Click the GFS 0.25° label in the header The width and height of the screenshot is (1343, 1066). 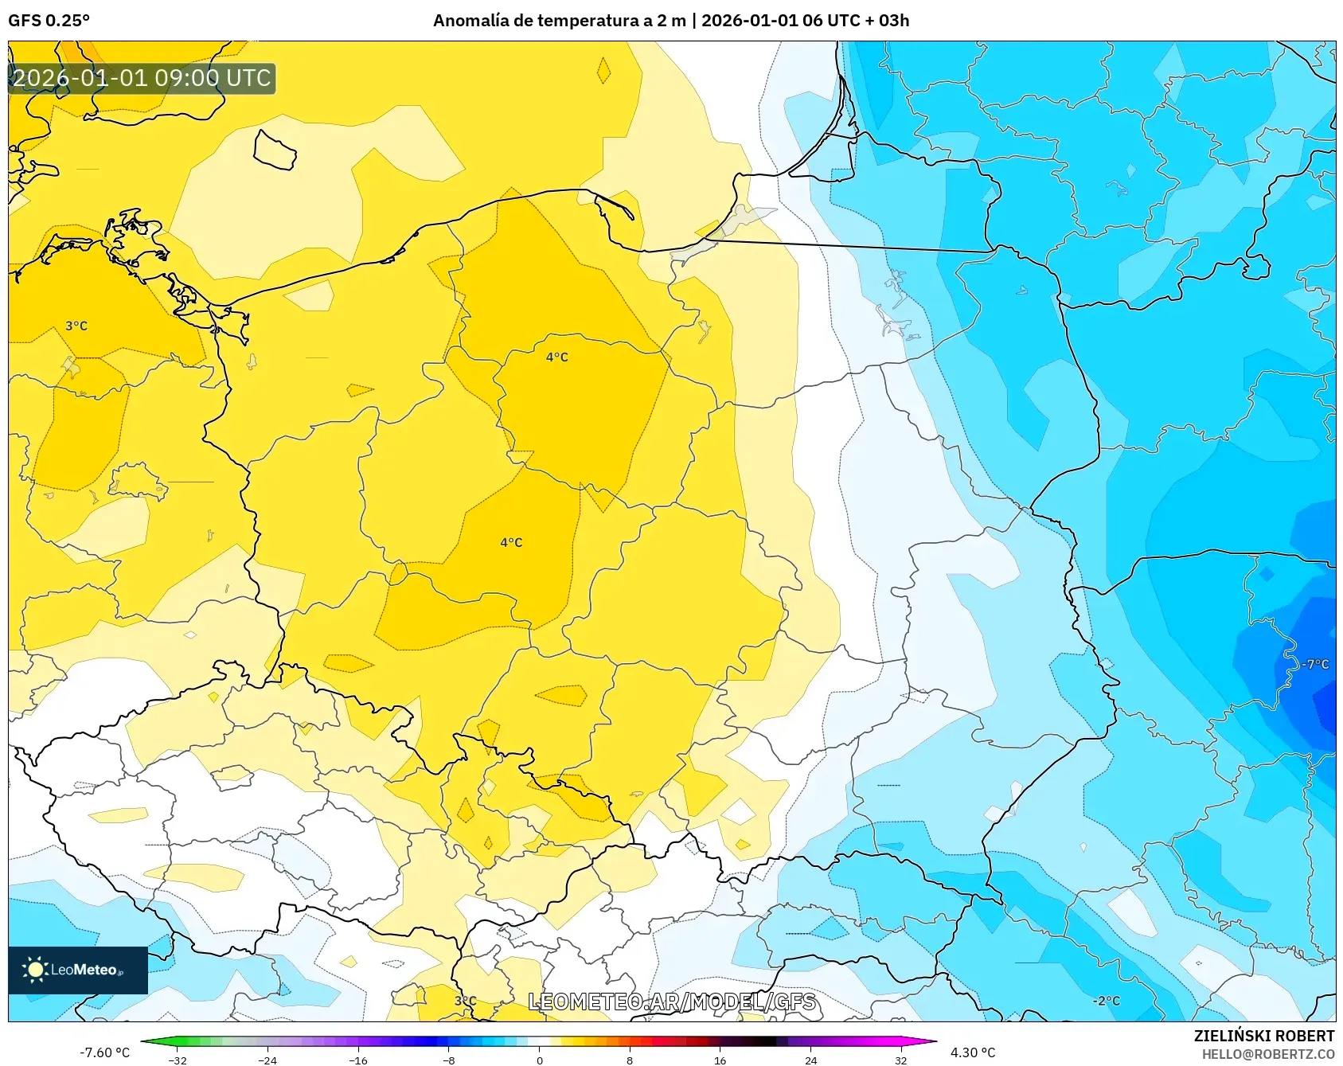pyautogui.click(x=49, y=21)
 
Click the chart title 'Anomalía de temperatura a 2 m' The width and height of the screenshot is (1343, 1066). pyautogui.click(x=559, y=21)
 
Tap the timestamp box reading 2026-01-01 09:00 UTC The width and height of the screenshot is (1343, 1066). pyautogui.click(x=142, y=78)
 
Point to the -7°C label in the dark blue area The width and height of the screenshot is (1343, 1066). pyautogui.click(x=1315, y=664)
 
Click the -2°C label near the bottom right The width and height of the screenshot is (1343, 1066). pyautogui.click(x=1106, y=1001)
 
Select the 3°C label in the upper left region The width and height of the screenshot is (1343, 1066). pyautogui.click(x=76, y=326)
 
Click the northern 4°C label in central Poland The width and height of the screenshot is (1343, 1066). pyautogui.click(x=556, y=357)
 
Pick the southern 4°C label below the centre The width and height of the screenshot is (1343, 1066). pyautogui.click(x=511, y=542)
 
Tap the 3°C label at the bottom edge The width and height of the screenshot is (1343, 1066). pyautogui.click(x=465, y=1001)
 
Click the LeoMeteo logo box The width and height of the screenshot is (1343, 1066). pyautogui.click(x=78, y=970)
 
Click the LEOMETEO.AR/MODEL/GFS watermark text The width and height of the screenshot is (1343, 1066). pyautogui.click(x=673, y=1002)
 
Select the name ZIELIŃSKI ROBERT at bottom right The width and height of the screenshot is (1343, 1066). pyautogui.click(x=1263, y=1036)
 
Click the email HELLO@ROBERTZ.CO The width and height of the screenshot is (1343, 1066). pyautogui.click(x=1267, y=1054)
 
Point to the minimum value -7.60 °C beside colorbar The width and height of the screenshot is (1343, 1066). pyautogui.click(x=104, y=1052)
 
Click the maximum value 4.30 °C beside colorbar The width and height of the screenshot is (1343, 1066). pyautogui.click(x=973, y=1052)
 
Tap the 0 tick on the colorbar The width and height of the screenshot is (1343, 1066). pyautogui.click(x=539, y=1060)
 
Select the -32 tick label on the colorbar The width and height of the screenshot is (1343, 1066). pyautogui.click(x=178, y=1060)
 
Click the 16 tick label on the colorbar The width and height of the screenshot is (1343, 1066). pyautogui.click(x=720, y=1060)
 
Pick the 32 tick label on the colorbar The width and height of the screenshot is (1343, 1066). pyautogui.click(x=900, y=1060)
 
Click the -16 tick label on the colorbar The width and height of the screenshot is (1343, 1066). pyautogui.click(x=358, y=1060)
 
